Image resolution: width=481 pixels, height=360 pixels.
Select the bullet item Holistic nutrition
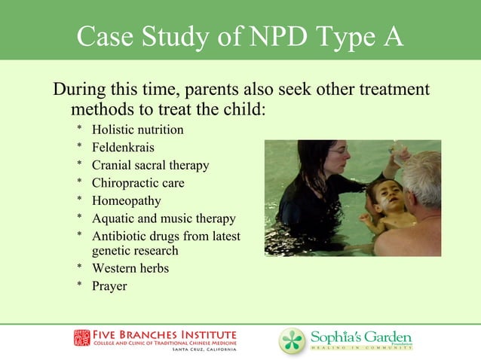point(137,130)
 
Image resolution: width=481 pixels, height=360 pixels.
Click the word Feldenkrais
point(123,148)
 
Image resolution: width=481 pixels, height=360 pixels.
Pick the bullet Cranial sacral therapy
point(150,165)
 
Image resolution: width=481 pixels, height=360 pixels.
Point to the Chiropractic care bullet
point(138,183)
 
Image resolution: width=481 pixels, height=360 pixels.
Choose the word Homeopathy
point(126,201)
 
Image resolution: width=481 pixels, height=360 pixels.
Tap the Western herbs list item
point(130,268)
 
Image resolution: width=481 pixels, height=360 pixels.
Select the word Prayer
point(109,286)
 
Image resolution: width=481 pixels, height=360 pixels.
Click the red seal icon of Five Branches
point(81,337)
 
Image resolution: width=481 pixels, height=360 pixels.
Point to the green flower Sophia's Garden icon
point(293,340)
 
